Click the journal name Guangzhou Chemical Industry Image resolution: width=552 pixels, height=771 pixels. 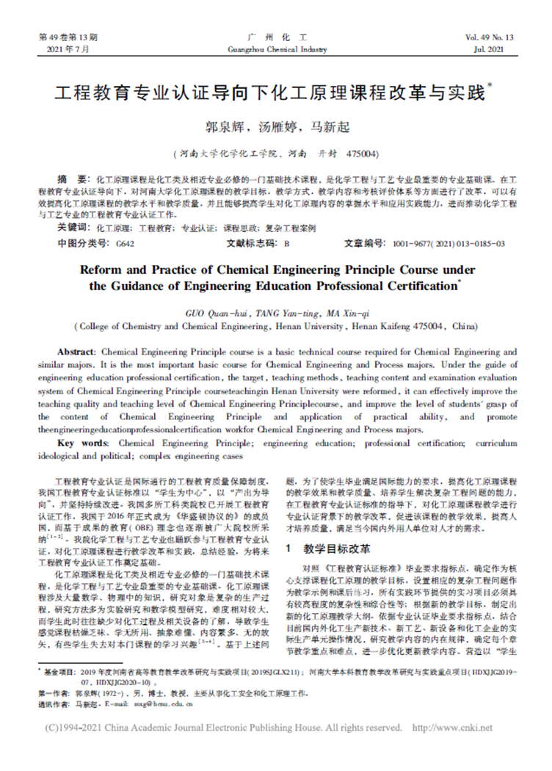point(275,49)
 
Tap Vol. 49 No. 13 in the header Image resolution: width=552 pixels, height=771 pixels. point(489,37)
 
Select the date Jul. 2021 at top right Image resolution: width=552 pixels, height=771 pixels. point(498,49)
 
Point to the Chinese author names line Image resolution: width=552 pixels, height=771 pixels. point(276,126)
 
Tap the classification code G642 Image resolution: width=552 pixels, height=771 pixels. point(126,243)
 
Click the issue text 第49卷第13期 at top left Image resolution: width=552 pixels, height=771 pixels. point(67,37)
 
